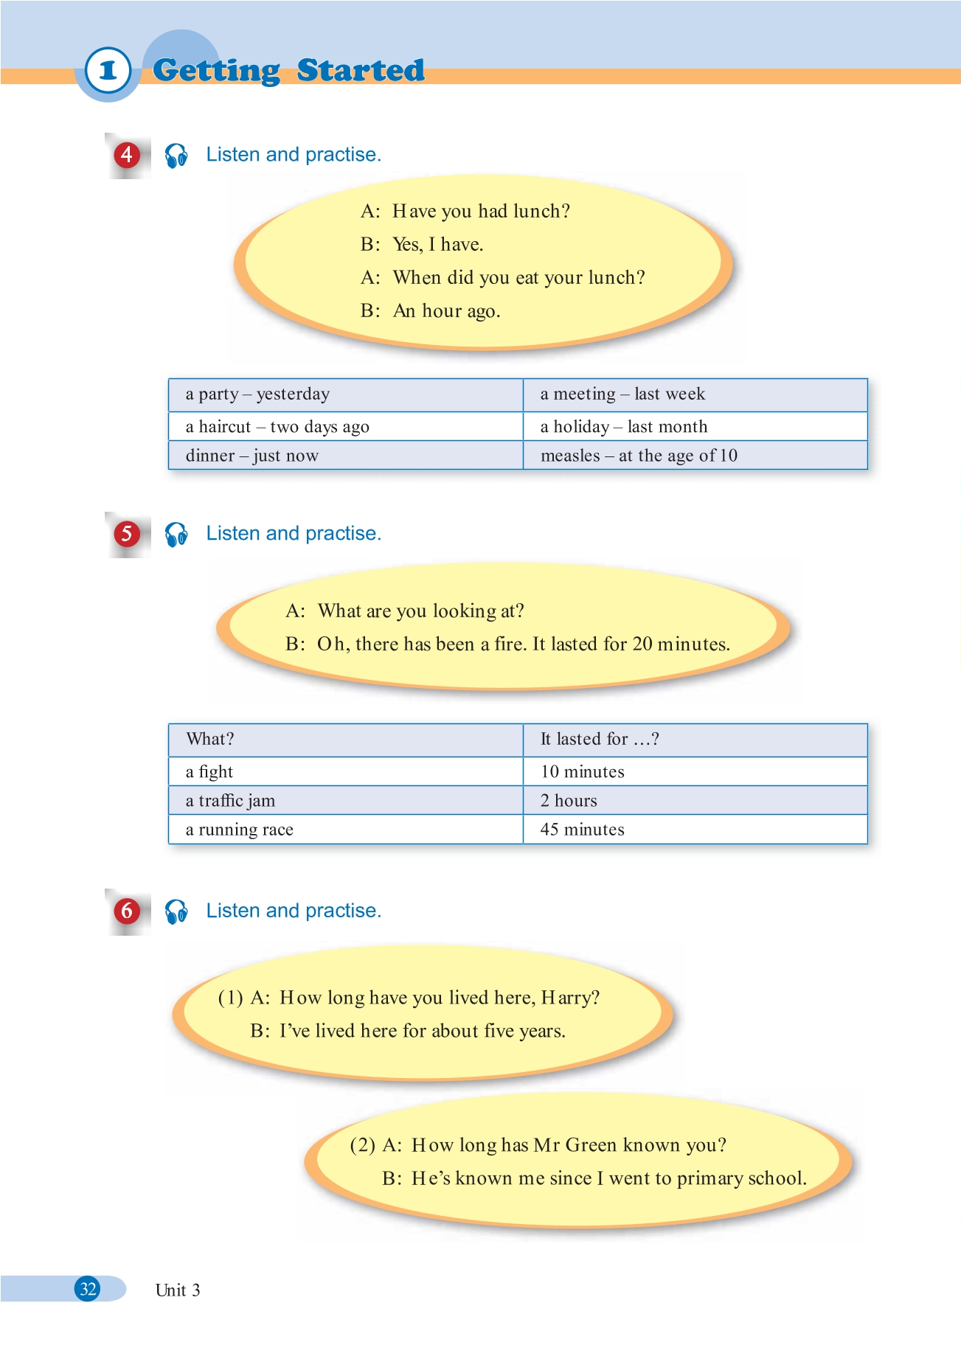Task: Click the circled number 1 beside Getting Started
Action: click(x=108, y=71)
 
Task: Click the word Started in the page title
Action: click(x=361, y=70)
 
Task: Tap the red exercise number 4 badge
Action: click(x=127, y=155)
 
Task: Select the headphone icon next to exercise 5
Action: click(x=176, y=534)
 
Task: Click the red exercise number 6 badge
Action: click(x=127, y=911)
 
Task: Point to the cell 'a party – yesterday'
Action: click(x=257, y=395)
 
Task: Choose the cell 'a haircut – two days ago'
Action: click(x=277, y=427)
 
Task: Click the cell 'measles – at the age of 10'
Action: click(x=639, y=456)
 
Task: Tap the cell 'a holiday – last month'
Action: click(x=623, y=427)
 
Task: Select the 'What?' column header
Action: click(x=210, y=740)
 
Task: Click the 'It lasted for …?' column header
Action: click(x=600, y=740)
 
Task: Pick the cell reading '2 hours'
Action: click(x=569, y=801)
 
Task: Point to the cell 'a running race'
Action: click(x=240, y=830)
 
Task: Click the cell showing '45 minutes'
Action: click(x=582, y=830)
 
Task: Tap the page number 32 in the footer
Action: click(x=89, y=1289)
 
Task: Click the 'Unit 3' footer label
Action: click(x=178, y=1290)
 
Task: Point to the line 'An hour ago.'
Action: click(x=446, y=311)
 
